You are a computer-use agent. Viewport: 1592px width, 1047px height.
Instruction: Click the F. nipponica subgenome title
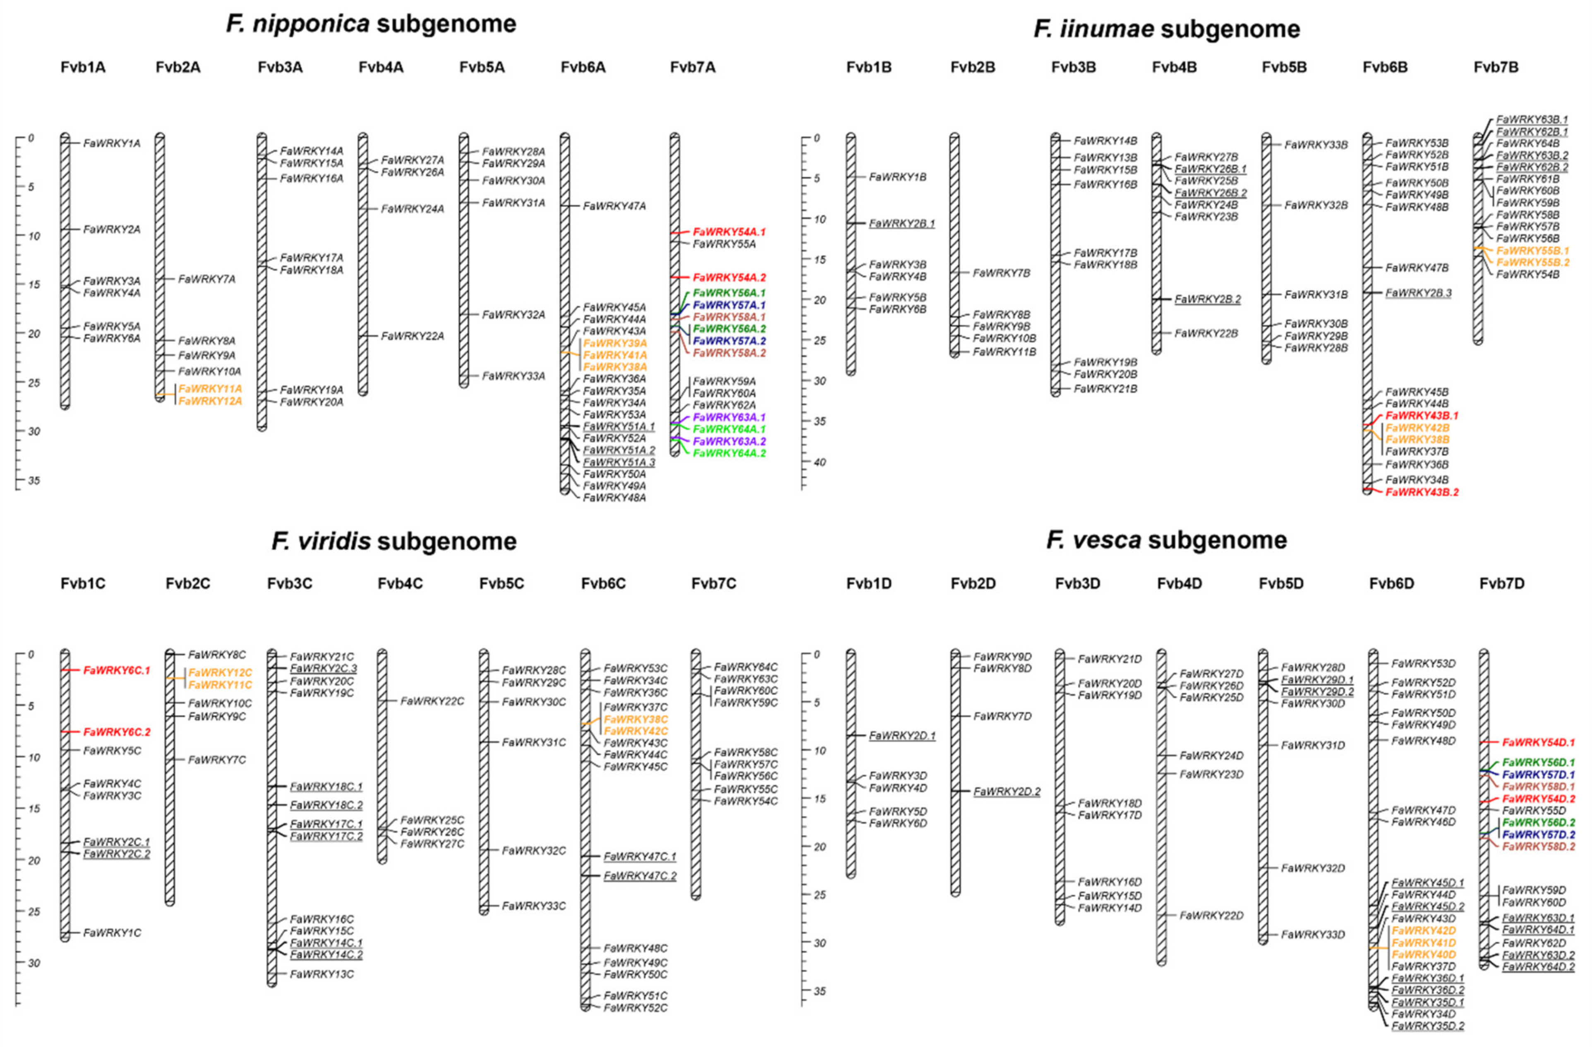[371, 24]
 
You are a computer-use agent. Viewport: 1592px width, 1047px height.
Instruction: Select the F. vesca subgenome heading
[1167, 540]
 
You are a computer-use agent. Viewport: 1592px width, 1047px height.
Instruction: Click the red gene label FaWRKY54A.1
[729, 232]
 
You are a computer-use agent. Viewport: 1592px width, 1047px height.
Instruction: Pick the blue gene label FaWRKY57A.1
[729, 305]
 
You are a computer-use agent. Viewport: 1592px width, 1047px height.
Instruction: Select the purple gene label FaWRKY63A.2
[729, 441]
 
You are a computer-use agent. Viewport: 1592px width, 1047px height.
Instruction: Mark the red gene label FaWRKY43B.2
[1422, 492]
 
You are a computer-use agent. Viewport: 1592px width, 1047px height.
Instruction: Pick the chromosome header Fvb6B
[1385, 67]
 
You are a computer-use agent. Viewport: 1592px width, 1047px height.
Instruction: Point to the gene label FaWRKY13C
[322, 974]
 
